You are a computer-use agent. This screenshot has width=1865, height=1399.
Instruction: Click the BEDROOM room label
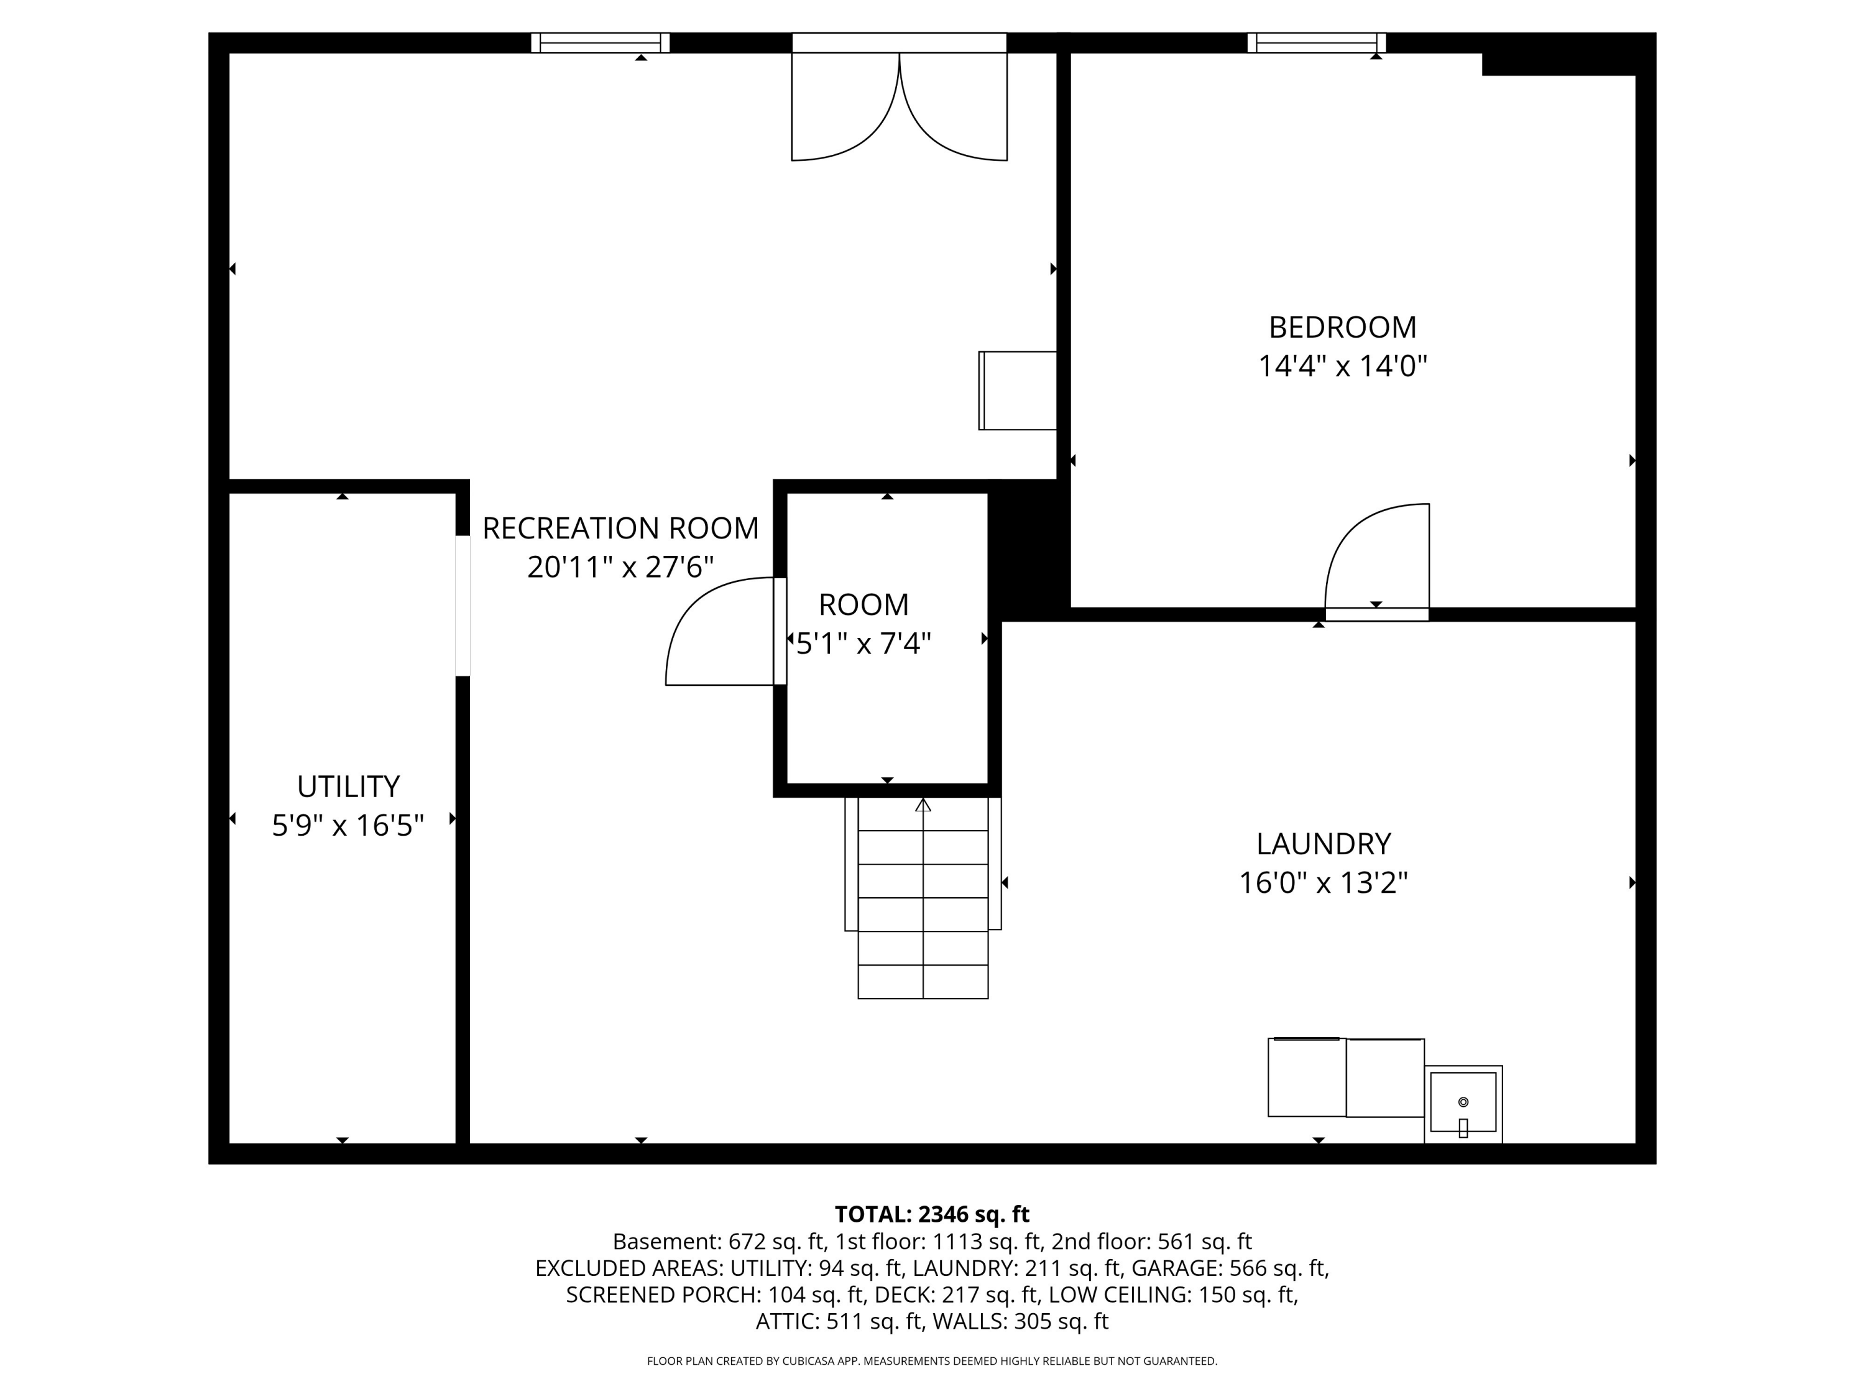pos(1342,327)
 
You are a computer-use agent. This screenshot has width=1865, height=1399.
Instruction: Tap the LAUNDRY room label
pos(1323,844)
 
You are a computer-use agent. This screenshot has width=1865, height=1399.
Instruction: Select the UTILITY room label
pos(348,787)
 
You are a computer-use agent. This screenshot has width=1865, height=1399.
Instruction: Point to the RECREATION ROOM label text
pos(620,529)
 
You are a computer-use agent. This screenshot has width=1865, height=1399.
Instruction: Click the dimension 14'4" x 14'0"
pos(1342,367)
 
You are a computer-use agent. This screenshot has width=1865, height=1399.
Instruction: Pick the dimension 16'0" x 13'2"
pos(1323,884)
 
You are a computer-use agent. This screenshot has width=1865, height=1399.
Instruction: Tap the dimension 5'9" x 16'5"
pos(348,826)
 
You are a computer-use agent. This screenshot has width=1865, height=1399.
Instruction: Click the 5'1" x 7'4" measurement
pos(863,644)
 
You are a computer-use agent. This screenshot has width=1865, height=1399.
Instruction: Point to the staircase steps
pos(923,898)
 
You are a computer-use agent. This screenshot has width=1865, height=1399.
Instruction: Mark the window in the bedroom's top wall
pos(1316,43)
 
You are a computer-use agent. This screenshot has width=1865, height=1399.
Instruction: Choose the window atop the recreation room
pos(601,43)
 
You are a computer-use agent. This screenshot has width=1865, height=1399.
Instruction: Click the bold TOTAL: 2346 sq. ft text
pos(932,1214)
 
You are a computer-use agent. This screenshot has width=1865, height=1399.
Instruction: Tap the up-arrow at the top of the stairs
pos(923,805)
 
